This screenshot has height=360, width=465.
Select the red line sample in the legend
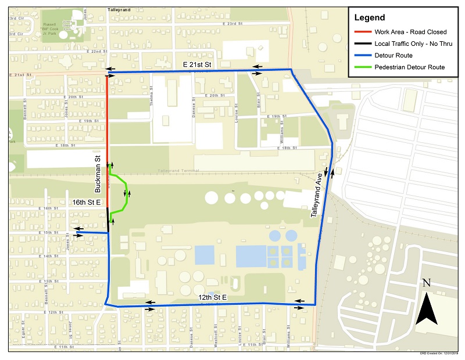click(x=362, y=32)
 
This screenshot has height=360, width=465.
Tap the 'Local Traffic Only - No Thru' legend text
click(x=410, y=44)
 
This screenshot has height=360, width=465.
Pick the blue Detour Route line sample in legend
click(x=362, y=56)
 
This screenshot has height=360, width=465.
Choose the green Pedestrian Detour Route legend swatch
click(x=362, y=67)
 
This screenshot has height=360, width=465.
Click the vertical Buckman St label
click(x=99, y=174)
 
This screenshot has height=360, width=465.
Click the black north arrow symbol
click(x=428, y=308)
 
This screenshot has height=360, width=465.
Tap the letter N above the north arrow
click(x=426, y=283)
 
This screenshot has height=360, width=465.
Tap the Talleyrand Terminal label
click(x=178, y=171)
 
